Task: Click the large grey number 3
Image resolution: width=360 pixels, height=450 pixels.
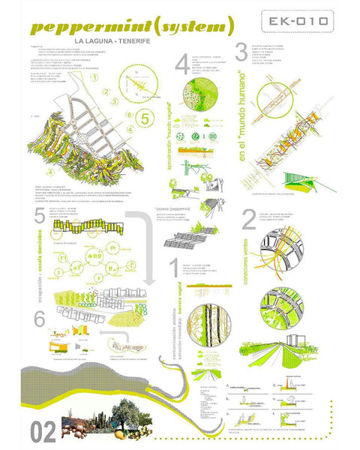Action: [241, 52]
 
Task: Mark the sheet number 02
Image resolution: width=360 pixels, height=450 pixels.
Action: [44, 432]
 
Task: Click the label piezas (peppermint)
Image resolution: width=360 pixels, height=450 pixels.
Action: [172, 211]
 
